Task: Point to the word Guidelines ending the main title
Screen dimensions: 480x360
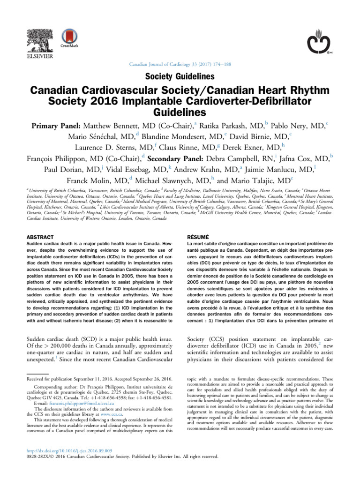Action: [x=180, y=112]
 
